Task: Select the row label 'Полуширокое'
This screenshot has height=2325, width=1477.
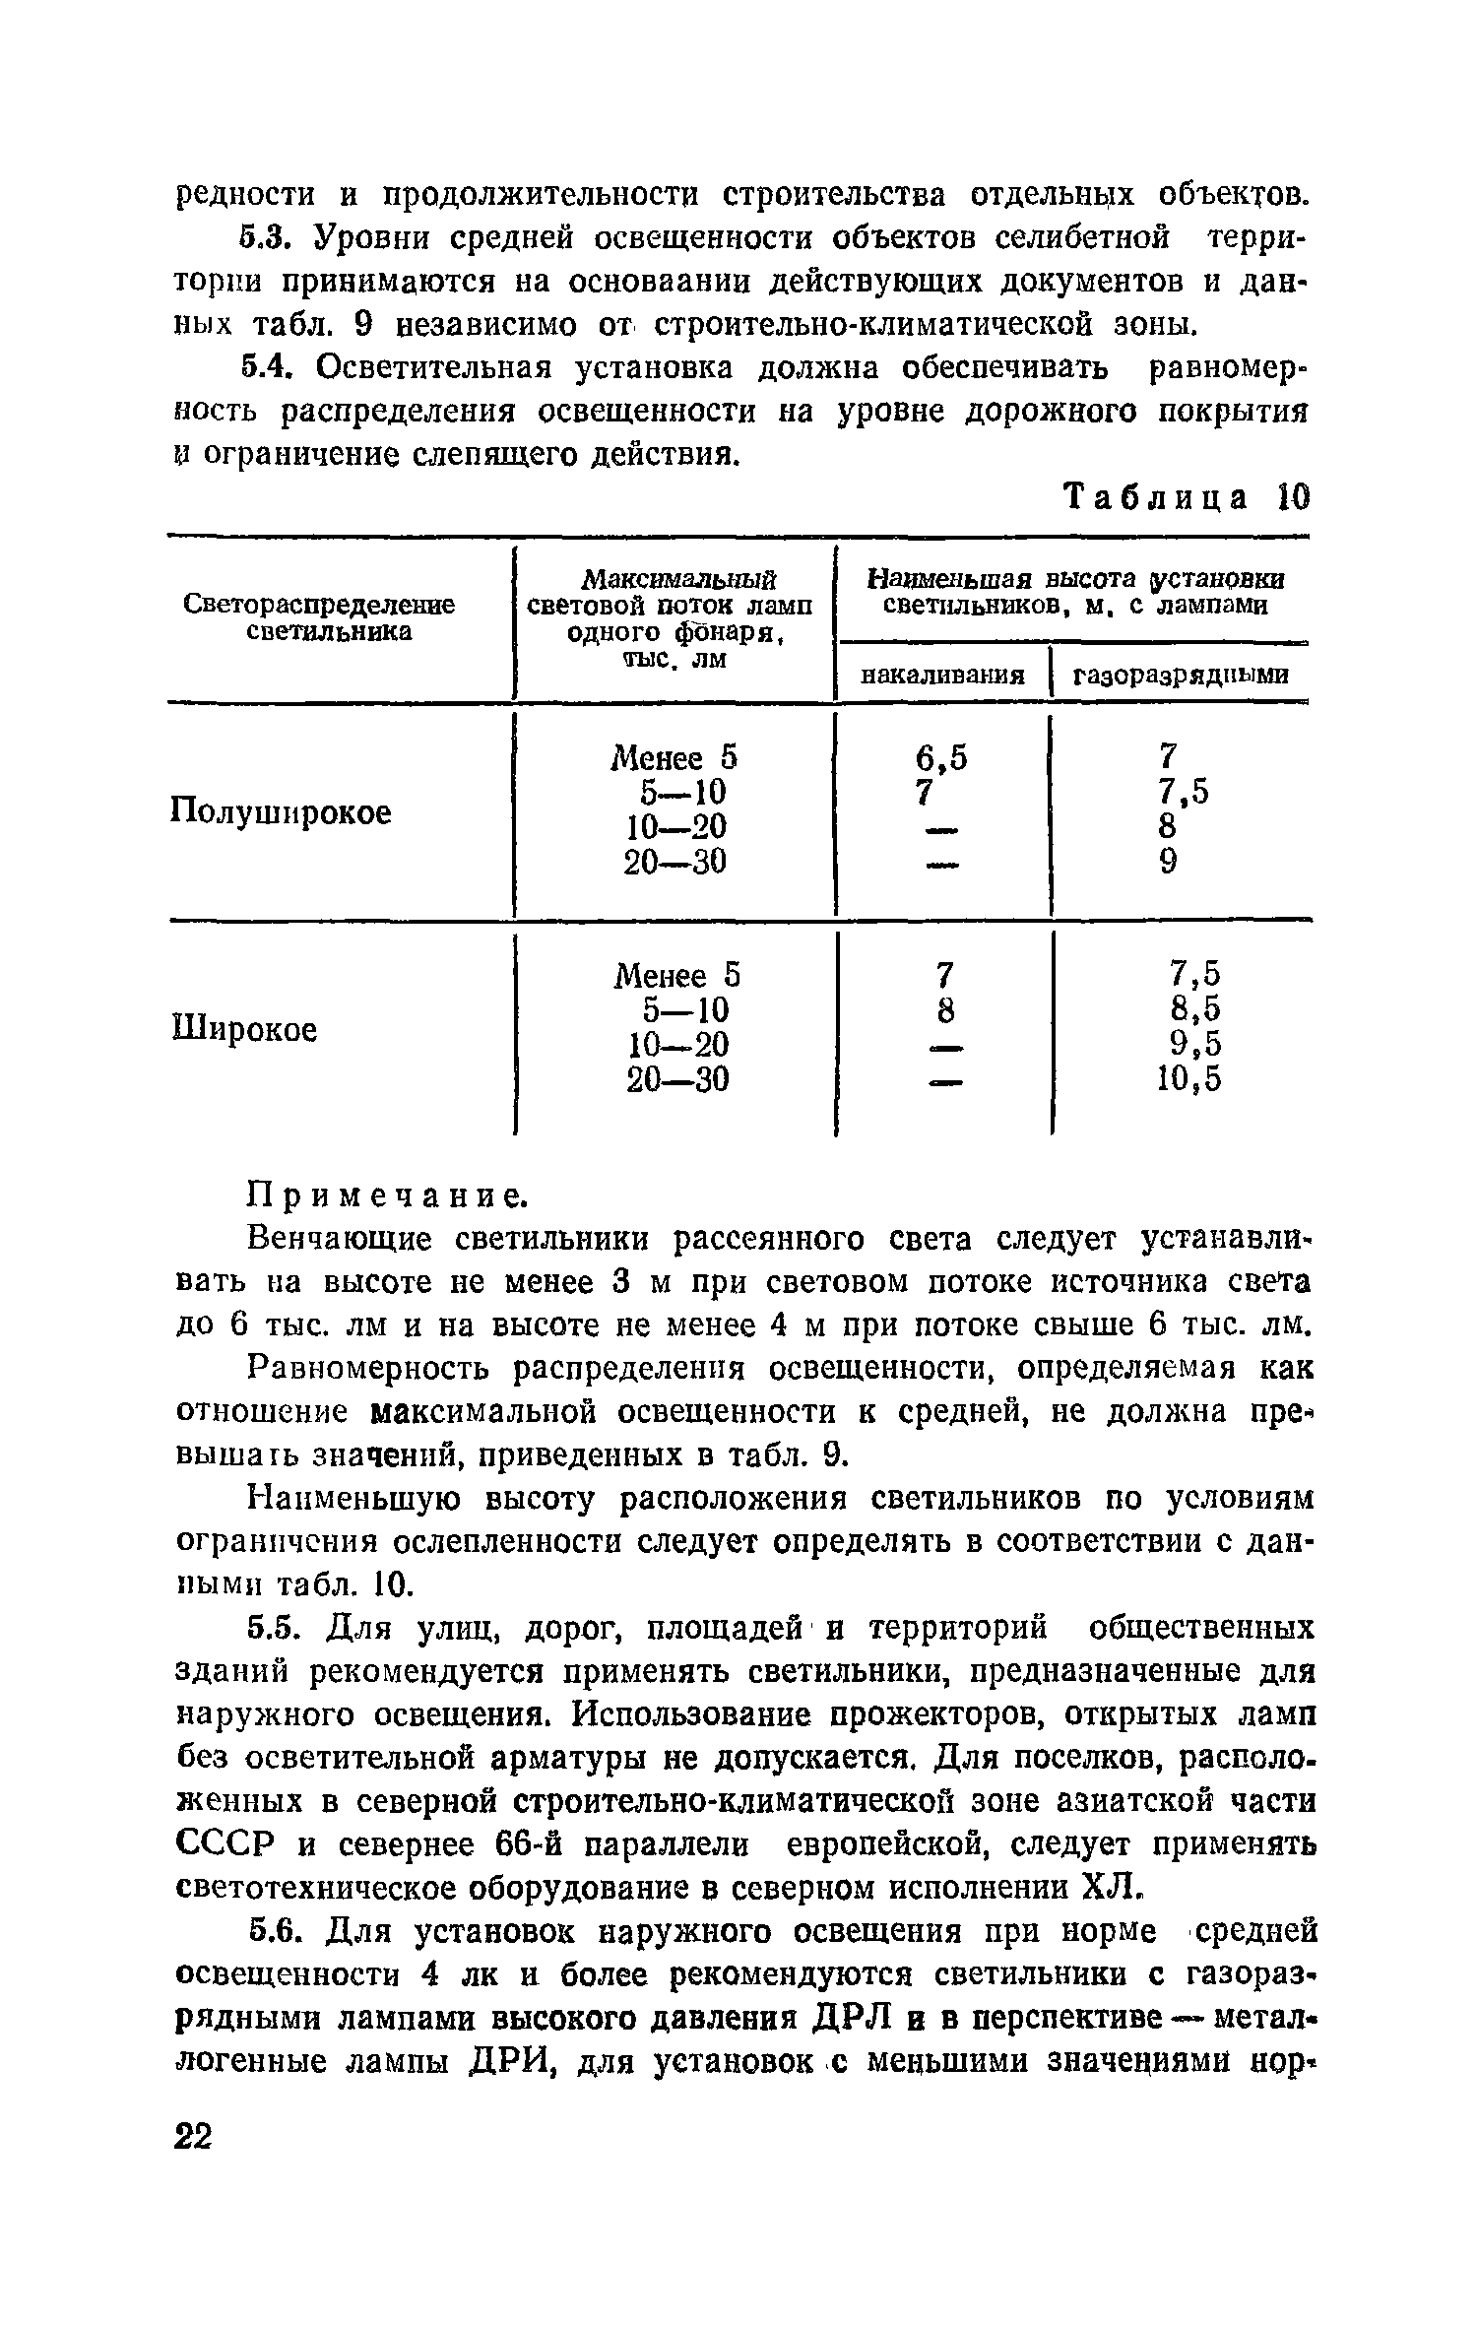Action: click(x=281, y=813)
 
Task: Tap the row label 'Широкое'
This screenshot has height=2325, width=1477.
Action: click(x=245, y=1030)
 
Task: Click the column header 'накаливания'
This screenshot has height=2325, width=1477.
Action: click(x=942, y=676)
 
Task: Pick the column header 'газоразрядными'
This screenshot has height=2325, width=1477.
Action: click(x=1180, y=676)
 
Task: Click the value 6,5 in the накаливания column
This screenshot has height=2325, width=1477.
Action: click(x=941, y=757)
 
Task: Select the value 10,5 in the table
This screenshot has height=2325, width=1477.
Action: click(x=1188, y=1080)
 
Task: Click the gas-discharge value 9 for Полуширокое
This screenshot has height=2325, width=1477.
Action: click(x=1168, y=863)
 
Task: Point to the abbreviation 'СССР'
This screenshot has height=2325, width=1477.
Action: click(x=223, y=1844)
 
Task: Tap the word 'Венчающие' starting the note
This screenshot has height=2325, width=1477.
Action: click(x=333, y=1240)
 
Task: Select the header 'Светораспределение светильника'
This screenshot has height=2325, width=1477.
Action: click(x=319, y=618)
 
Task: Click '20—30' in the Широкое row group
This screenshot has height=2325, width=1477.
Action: click(x=677, y=1080)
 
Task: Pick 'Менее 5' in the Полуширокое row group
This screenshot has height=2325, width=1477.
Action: click(x=674, y=758)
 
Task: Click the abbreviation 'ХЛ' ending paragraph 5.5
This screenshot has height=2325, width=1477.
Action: click(x=1110, y=1888)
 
